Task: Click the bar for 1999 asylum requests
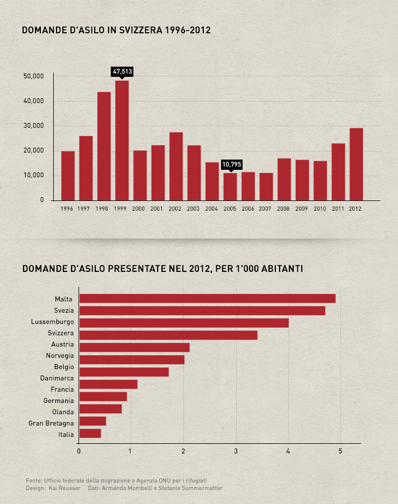[x=122, y=140]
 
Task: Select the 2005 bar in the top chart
[x=230, y=186]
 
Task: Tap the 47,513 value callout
[x=122, y=71]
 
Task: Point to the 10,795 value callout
[x=231, y=164]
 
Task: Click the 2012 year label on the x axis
[x=355, y=208]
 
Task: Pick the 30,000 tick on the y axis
[x=34, y=126]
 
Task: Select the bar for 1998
[x=104, y=146]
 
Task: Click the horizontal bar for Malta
[x=207, y=299]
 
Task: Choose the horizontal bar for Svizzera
[x=168, y=335]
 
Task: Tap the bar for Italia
[x=90, y=434]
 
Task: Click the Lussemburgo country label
[x=52, y=322]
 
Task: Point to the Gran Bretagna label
[x=51, y=423]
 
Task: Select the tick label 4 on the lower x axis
[x=288, y=451]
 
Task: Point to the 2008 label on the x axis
[x=283, y=208]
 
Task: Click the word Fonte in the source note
[x=33, y=480]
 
